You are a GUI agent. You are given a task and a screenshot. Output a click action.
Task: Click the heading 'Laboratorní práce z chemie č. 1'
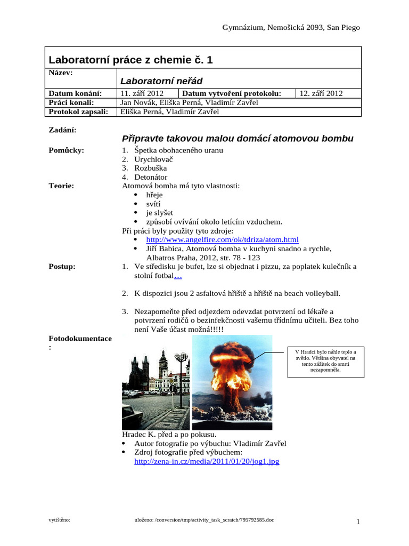130,60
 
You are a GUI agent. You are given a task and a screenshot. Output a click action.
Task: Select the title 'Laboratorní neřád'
161,81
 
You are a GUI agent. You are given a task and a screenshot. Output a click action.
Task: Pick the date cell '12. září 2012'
321,93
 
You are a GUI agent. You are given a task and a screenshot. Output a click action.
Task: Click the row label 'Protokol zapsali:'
78,111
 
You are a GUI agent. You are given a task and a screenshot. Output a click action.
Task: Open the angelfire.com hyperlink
222,239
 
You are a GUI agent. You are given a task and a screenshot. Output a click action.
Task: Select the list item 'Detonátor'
151,177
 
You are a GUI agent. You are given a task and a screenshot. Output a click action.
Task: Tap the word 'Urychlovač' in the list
154,159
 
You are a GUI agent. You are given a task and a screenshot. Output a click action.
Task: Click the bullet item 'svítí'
153,204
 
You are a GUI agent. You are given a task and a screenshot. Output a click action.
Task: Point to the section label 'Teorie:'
61,186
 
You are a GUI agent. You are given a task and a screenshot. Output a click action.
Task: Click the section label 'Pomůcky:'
66,150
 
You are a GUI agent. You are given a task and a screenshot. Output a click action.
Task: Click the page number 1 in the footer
358,522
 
